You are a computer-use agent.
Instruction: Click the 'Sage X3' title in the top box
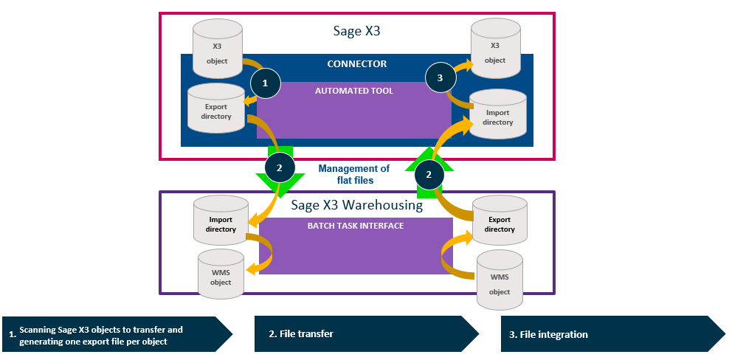coord(357,32)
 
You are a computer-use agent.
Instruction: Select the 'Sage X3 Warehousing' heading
coord(357,205)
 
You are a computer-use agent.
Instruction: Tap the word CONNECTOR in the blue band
coord(357,64)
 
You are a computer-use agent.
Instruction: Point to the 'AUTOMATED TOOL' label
coord(354,91)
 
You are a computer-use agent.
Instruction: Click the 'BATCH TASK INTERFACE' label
coord(356,226)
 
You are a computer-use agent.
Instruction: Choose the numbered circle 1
coord(265,83)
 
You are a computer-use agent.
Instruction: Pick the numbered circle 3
coord(440,77)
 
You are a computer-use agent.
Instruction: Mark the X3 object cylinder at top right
coord(495,48)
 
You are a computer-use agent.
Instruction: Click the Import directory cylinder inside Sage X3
coord(498,117)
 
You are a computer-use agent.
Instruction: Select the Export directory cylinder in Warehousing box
coord(500,224)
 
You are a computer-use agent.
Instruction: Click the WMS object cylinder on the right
coord(500,282)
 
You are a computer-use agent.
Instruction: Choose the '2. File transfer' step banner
coord(366,334)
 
